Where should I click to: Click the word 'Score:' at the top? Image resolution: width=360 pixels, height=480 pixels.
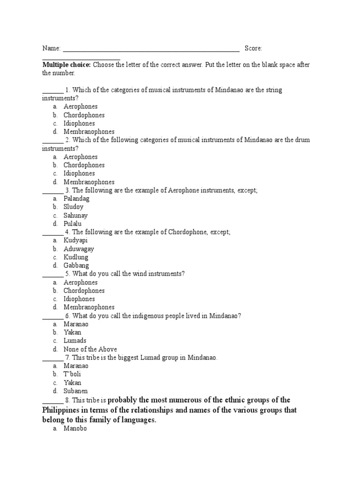pyautogui.click(x=253, y=48)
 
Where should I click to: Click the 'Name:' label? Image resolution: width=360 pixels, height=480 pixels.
pyautogui.click(x=52, y=48)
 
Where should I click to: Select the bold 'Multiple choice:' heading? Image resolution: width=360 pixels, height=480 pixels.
pyautogui.click(x=67, y=65)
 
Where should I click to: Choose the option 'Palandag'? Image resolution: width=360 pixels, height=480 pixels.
pyautogui.click(x=76, y=199)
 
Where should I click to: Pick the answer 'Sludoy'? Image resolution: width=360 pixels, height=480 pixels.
pyautogui.click(x=74, y=207)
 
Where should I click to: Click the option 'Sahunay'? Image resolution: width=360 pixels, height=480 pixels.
pyautogui.click(x=75, y=216)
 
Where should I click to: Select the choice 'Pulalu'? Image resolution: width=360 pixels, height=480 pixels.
pyautogui.click(x=72, y=224)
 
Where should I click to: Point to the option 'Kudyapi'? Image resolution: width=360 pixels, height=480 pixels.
pyautogui.click(x=75, y=240)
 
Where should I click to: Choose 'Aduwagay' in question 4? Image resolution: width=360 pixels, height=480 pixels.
pyautogui.click(x=79, y=249)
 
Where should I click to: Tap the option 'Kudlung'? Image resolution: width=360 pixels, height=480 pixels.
pyautogui.click(x=76, y=257)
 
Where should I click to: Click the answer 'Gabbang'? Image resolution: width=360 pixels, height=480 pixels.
pyautogui.click(x=76, y=266)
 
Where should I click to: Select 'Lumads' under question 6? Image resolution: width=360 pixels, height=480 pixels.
pyautogui.click(x=75, y=341)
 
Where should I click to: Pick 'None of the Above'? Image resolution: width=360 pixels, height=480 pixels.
pyautogui.click(x=90, y=349)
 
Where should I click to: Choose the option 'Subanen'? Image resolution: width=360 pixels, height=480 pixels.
pyautogui.click(x=75, y=391)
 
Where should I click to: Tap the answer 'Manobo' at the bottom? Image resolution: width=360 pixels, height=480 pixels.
pyautogui.click(x=75, y=428)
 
